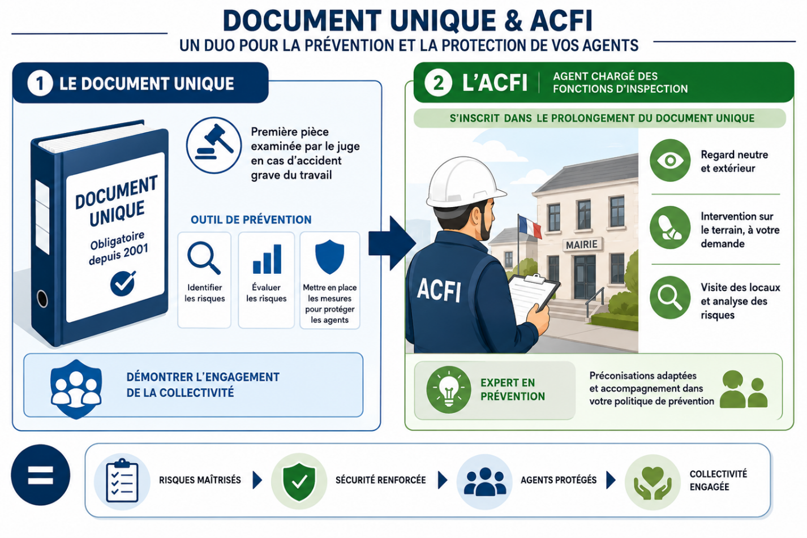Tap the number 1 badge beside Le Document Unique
click(40, 83)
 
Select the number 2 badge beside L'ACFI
click(438, 83)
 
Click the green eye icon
click(670, 160)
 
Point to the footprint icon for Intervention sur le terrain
click(670, 227)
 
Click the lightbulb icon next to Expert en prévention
click(449, 389)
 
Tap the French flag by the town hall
click(530, 226)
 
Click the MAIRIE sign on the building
click(581, 244)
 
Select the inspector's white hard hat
click(464, 182)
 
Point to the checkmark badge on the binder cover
click(123, 283)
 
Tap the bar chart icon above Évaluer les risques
click(267, 259)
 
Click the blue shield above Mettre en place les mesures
click(329, 257)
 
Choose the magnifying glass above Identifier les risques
click(204, 258)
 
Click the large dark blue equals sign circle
click(41, 475)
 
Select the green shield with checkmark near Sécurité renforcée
click(299, 481)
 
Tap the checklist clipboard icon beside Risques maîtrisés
click(122, 481)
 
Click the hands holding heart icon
click(653, 483)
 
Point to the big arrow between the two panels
click(392, 244)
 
